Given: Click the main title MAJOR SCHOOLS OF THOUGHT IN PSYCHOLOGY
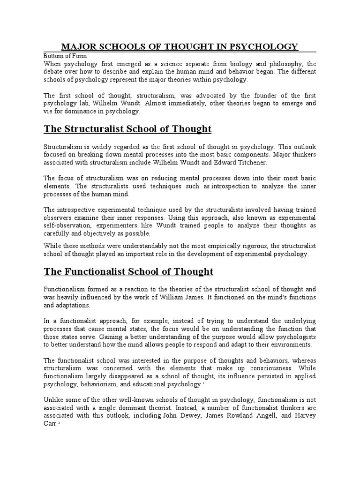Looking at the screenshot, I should point(180,46).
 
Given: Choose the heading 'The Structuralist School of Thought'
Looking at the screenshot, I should point(127,129).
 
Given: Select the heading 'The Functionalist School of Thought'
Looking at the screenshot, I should point(128,272).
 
